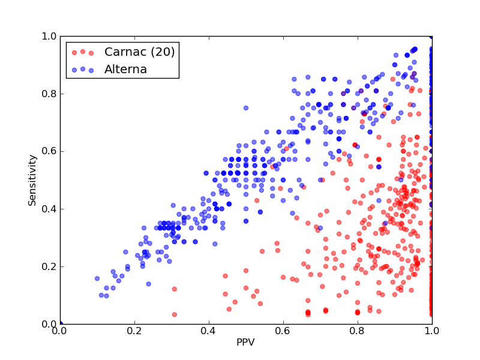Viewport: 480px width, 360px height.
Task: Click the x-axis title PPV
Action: pos(245,342)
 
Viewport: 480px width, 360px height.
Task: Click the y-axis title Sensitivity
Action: pos(32,181)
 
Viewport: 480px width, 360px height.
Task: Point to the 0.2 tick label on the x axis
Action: pos(134,331)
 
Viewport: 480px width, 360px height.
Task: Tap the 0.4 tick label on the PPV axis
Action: pos(209,331)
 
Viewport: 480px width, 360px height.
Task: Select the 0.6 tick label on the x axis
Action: pos(283,331)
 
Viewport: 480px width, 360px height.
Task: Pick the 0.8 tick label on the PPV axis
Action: pos(358,331)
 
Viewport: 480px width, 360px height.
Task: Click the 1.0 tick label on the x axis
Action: pos(432,331)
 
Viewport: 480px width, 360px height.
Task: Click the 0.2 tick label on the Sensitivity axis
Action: pos(49,266)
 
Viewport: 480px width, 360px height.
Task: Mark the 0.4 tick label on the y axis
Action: pos(49,209)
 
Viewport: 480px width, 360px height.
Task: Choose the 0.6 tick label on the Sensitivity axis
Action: pos(49,152)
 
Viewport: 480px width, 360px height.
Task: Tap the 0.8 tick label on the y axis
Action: pos(49,94)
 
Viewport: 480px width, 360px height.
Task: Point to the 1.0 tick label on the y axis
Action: pos(49,36)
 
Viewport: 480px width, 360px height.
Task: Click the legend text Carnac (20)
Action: pos(140,52)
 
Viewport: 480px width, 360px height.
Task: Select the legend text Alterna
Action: pos(125,70)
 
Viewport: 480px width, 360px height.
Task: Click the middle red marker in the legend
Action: pos(83,52)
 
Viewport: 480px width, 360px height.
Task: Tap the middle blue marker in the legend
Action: pos(83,69)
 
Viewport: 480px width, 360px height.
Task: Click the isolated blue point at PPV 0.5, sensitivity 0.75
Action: pos(246,108)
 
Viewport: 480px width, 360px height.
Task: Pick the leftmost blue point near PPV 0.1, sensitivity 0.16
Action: pos(97,278)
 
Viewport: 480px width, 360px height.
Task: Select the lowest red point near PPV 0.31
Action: pos(175,314)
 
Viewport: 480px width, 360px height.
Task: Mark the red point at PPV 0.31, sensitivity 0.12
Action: pos(175,289)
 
